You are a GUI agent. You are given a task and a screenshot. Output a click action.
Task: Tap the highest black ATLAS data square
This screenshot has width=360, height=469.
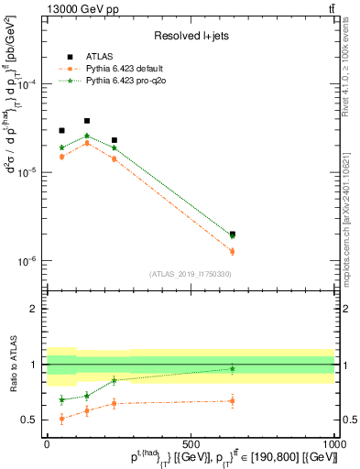pos(87,121)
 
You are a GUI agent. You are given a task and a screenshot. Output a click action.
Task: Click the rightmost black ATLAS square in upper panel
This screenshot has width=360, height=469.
pos(233,234)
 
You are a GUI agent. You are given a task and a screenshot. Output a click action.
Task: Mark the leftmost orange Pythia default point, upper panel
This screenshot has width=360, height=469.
pos(61,157)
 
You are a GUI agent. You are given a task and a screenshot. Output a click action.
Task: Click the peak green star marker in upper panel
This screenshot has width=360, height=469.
pos(87,136)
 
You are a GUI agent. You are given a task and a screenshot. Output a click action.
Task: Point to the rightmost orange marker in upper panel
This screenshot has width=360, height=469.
pos(233,251)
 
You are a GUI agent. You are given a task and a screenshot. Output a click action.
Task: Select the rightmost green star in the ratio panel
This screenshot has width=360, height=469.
pos(233,369)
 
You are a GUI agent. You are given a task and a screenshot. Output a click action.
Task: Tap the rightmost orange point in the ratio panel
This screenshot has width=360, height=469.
pos(233,400)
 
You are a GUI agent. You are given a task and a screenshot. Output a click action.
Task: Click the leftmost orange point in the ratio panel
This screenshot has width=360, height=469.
pos(61,419)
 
